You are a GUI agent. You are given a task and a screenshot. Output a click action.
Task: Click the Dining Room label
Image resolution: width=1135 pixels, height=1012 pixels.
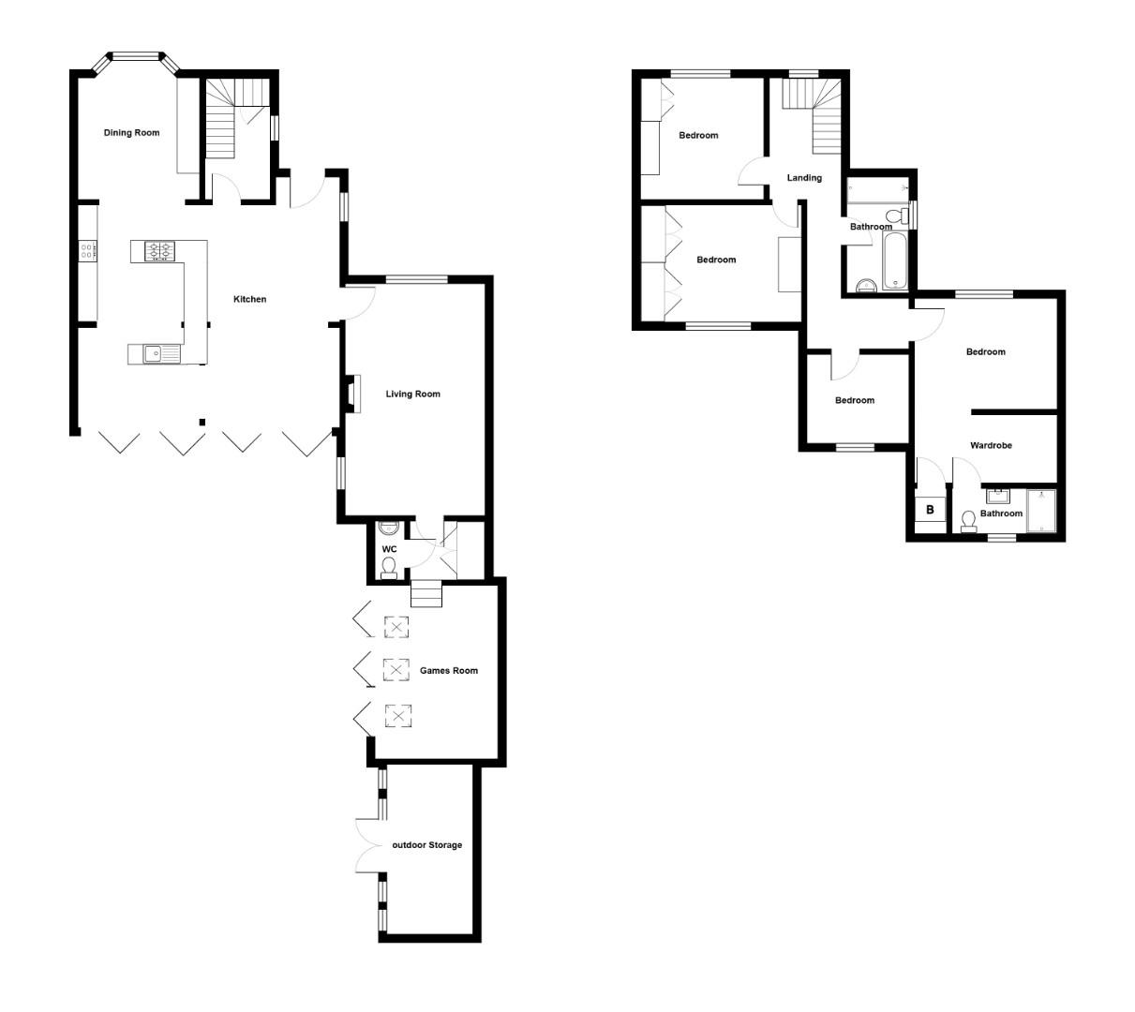pyautogui.click(x=131, y=133)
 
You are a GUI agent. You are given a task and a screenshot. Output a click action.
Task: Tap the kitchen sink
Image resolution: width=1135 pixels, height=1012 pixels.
pyautogui.click(x=155, y=353)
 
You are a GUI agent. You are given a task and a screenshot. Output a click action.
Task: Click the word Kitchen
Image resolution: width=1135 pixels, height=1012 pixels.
pyautogui.click(x=250, y=300)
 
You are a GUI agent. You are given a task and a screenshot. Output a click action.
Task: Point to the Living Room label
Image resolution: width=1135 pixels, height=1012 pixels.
pyautogui.click(x=412, y=394)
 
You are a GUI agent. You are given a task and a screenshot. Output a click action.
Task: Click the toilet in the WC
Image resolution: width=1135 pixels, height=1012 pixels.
pyautogui.click(x=389, y=565)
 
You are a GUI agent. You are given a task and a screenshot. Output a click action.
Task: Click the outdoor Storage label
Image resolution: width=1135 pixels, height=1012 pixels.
pyautogui.click(x=426, y=845)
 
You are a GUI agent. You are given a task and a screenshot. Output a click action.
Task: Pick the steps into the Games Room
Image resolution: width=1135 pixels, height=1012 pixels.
pyautogui.click(x=426, y=594)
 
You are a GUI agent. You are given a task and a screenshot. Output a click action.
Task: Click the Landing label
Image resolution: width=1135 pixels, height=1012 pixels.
pyautogui.click(x=804, y=178)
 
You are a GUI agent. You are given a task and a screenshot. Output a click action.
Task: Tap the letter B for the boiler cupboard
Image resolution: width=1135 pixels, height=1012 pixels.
pyautogui.click(x=930, y=511)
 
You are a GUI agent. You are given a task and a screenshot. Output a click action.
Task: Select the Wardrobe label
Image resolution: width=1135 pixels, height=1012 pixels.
pyautogui.click(x=991, y=446)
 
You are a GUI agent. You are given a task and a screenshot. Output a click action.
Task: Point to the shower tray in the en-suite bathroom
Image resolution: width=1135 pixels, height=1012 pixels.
pyautogui.click(x=1041, y=511)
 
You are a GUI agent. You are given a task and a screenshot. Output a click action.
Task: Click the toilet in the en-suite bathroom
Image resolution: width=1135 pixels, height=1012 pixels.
pyautogui.click(x=968, y=519)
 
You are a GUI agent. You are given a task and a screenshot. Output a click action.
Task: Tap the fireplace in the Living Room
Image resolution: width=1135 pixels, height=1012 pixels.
pyautogui.click(x=352, y=394)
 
